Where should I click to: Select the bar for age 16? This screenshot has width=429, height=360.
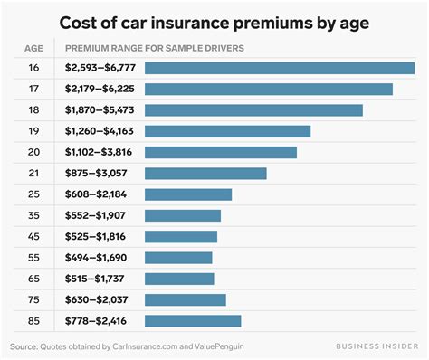pos(279,68)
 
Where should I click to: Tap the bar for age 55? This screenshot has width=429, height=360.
pos(177,257)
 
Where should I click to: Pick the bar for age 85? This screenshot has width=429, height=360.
pos(192,320)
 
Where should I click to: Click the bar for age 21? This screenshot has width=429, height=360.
pos(205,173)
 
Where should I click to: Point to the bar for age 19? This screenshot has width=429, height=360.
pos(227,131)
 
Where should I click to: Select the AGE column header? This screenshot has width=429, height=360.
pos(32,47)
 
